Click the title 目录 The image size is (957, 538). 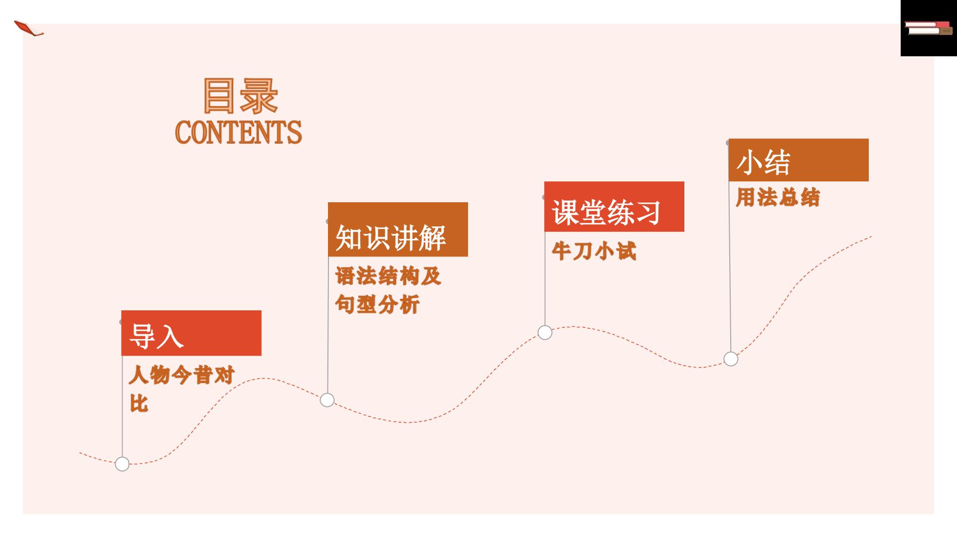click(x=240, y=96)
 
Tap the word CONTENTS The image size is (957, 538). click(x=238, y=133)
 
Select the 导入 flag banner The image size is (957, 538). click(x=191, y=333)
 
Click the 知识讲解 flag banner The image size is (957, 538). click(x=398, y=229)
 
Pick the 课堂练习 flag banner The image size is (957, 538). click(x=614, y=206)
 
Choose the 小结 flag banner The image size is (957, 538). click(x=798, y=160)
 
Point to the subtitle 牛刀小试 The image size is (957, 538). click(x=594, y=251)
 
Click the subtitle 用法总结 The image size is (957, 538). click(x=778, y=197)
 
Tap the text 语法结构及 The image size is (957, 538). click(x=388, y=276)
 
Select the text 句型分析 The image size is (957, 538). click(x=377, y=304)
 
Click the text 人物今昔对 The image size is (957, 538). click(x=181, y=375)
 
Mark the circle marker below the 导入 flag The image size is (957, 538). click(x=122, y=464)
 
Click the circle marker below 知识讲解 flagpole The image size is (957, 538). click(x=327, y=400)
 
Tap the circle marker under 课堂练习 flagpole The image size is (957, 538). click(x=545, y=332)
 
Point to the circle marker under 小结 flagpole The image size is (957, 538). click(x=731, y=359)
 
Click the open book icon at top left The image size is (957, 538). click(x=28, y=28)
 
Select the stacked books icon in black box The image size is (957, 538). click(x=928, y=28)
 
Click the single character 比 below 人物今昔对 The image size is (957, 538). click(x=139, y=403)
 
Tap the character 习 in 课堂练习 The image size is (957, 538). click(x=647, y=213)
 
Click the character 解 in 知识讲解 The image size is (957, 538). click(x=432, y=238)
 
